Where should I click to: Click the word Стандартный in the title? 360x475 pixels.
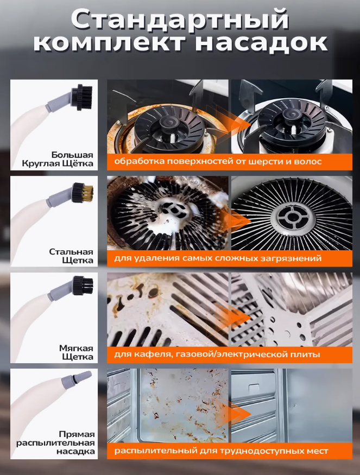[x=180, y=20]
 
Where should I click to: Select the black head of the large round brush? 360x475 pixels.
[x=81, y=97]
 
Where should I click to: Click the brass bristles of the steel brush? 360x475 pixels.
[x=89, y=192]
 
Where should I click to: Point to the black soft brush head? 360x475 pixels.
[x=83, y=286]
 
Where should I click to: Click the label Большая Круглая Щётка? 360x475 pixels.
[x=57, y=160]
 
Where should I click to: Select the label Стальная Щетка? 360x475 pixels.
[x=71, y=256]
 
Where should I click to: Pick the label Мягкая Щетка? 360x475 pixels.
[x=76, y=352]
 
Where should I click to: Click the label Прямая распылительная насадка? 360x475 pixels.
[x=55, y=442]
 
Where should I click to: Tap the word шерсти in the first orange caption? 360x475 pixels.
[x=264, y=161]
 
